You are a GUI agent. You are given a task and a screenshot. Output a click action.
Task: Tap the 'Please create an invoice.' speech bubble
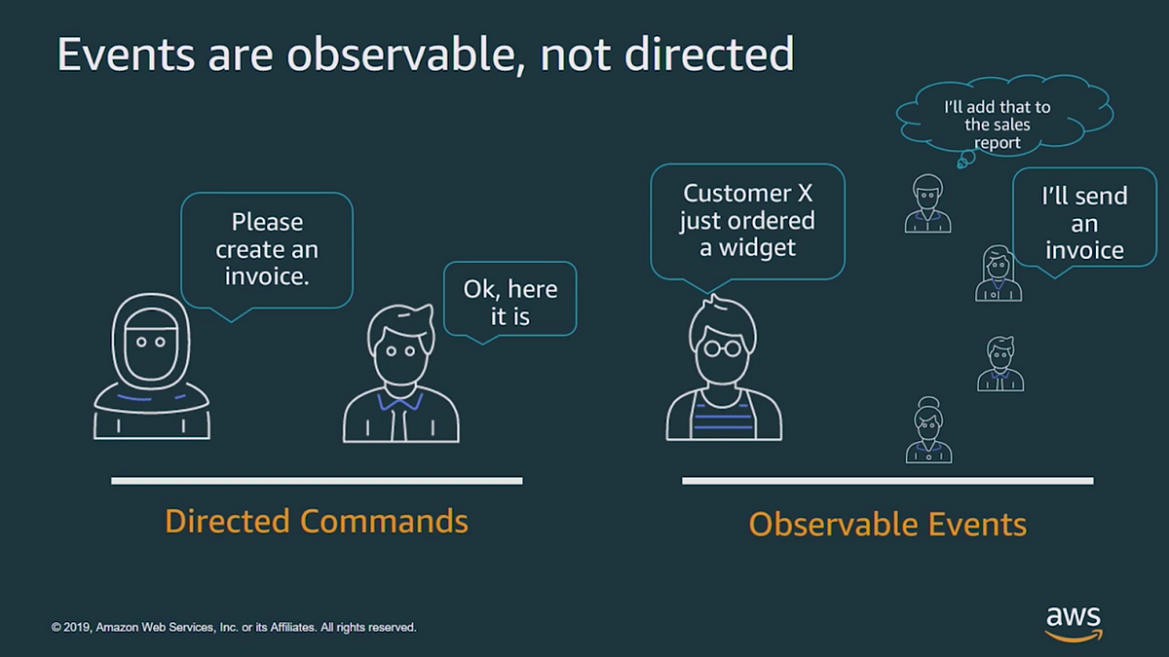[267, 249]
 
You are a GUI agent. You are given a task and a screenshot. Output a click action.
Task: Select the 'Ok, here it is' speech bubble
[509, 301]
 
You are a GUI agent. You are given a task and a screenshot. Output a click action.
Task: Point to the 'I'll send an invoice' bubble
[1083, 223]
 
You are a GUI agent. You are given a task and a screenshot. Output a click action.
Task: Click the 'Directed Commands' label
[317, 521]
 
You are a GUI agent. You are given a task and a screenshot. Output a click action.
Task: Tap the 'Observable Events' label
[887, 525]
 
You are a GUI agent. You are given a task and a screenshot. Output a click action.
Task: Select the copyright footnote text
[234, 628]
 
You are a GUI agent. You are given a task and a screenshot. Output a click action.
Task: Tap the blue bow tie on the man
[400, 401]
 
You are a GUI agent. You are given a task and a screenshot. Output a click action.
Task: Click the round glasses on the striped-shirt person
[724, 347]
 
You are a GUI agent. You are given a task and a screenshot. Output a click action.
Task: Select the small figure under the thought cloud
[927, 203]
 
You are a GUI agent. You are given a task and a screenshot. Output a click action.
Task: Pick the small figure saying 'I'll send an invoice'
[999, 274]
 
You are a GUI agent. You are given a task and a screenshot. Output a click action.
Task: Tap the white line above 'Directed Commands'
[317, 480]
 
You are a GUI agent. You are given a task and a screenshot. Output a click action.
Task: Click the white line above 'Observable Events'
[887, 480]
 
